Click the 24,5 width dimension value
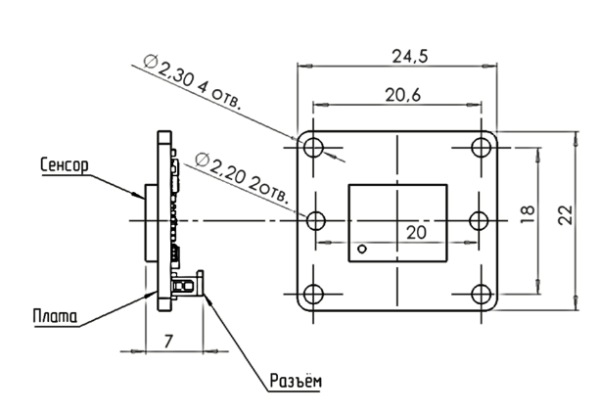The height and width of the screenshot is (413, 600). tap(410, 57)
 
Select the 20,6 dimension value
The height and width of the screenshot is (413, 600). tap(402, 95)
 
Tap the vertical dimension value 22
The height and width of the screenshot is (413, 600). tap(566, 215)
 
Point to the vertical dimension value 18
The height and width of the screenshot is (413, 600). tap(528, 214)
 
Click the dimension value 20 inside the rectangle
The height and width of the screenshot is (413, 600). tap(416, 232)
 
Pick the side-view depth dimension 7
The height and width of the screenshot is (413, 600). tap(168, 341)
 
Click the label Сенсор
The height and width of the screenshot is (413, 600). tap(65, 165)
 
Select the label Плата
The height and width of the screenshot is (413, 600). tap(55, 316)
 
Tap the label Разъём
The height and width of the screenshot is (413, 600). tap(296, 381)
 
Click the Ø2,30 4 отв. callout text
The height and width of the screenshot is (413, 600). tap(193, 81)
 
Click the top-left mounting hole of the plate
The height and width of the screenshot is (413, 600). tap(313, 148)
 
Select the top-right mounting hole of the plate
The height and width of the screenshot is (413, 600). tap(482, 148)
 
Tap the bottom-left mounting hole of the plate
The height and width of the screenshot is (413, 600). tap(313, 294)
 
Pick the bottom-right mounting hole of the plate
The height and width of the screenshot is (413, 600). tap(482, 294)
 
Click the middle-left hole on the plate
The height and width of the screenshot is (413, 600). tap(316, 220)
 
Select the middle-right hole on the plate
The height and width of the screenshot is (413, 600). tap(479, 220)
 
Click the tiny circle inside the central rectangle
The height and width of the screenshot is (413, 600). tap(362, 250)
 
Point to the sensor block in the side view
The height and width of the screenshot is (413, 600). tap(151, 223)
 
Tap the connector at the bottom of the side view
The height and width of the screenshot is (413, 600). tap(188, 284)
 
